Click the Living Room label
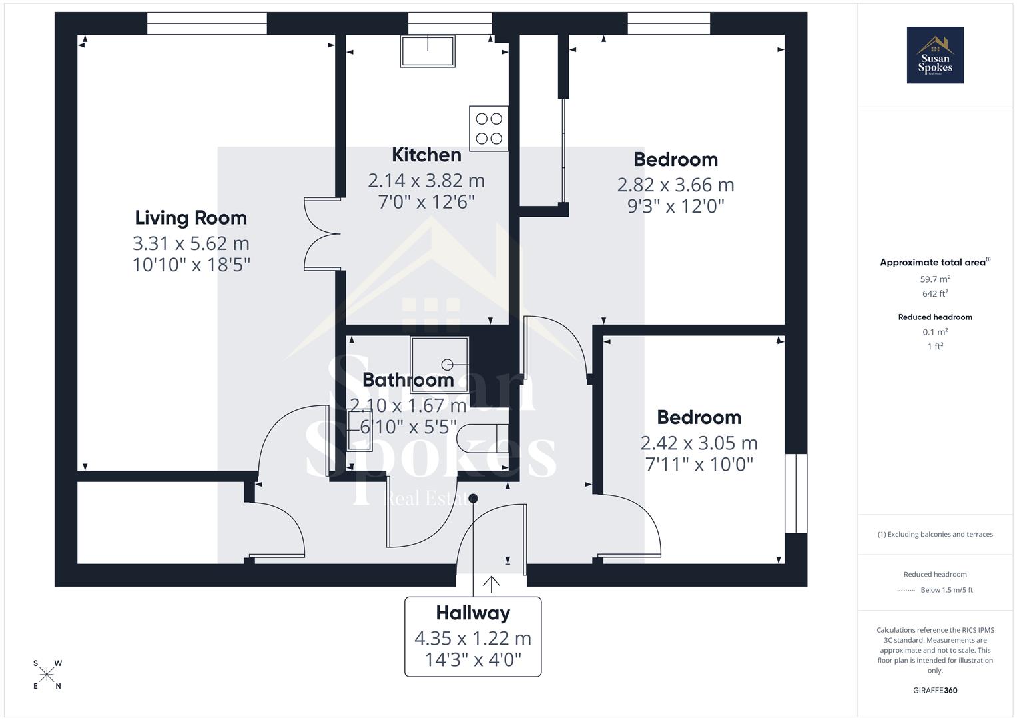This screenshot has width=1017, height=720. pos(190,218)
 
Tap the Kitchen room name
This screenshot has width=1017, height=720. pos(426,155)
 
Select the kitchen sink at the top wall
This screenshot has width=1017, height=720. pos(428,51)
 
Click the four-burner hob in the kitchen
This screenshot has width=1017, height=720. pos(488,129)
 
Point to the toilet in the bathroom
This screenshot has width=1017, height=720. pos(482,439)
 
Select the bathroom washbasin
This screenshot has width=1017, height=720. pos(360,429)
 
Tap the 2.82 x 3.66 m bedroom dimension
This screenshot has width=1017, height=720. pos(675,185)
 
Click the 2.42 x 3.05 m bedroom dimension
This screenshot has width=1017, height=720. pos(699,443)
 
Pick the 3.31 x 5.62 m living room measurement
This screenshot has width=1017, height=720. pos(190,243)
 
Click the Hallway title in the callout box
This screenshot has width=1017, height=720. pos(473,613)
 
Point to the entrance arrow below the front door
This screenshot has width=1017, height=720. pos(491,584)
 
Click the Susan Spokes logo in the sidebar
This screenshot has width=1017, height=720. pos(935,55)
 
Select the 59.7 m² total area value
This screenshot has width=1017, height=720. pos(935,279)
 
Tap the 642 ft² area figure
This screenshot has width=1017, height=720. pos(935,293)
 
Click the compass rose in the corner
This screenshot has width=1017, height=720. pos(47,675)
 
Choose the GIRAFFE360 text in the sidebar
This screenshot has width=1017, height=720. pos(935,690)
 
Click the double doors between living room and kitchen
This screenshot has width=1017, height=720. pos(323,233)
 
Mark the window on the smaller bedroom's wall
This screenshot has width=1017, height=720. pos(796,493)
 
